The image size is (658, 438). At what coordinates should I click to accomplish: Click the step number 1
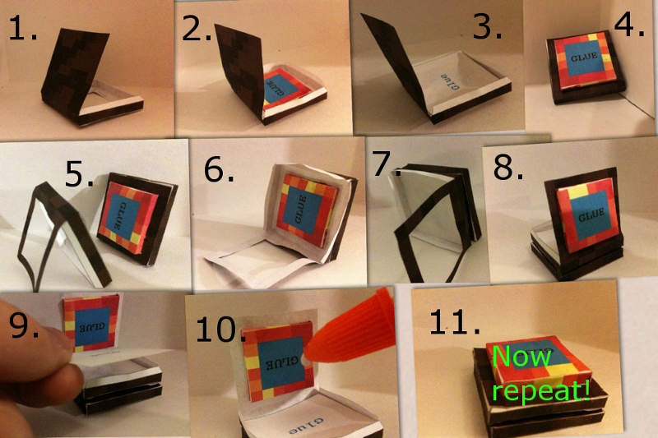tap(22, 29)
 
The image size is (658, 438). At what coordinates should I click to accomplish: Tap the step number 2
tap(197, 30)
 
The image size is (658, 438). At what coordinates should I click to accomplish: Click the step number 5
tap(80, 174)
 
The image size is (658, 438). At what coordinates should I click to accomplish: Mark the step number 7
tap(383, 164)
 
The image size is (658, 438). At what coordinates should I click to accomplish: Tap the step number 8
tap(508, 168)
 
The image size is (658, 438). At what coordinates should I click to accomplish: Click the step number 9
tap(24, 325)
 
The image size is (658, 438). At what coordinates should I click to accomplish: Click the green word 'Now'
tap(521, 357)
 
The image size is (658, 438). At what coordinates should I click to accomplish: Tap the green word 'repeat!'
tap(541, 390)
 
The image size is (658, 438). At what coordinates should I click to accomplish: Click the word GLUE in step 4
tap(584, 56)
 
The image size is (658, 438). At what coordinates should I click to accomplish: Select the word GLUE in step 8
tap(591, 214)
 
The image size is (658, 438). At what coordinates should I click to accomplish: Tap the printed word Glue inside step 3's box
tap(450, 81)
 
